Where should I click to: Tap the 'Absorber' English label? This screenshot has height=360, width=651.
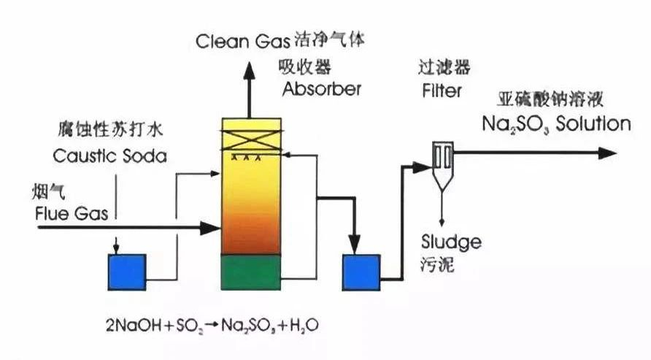pyautogui.click(x=321, y=90)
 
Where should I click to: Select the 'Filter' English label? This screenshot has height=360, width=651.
pyautogui.click(x=442, y=91)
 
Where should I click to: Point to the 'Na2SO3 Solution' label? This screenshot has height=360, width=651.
pyautogui.click(x=556, y=123)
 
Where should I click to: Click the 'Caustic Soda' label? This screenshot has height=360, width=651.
pyautogui.click(x=109, y=156)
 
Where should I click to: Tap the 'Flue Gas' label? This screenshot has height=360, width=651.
pyautogui.click(x=72, y=213)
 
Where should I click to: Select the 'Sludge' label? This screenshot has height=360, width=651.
pyautogui.click(x=451, y=242)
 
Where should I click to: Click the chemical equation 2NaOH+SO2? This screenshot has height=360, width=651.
pyautogui.click(x=212, y=325)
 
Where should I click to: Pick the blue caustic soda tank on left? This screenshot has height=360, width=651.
pyautogui.click(x=127, y=272)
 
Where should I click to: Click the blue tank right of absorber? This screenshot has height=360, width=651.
pyautogui.click(x=361, y=272)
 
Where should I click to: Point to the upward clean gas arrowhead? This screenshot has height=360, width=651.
pyautogui.click(x=250, y=71)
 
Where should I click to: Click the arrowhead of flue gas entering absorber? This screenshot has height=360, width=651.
pyautogui.click(x=212, y=229)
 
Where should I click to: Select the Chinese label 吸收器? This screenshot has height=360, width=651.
pyautogui.click(x=304, y=67)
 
